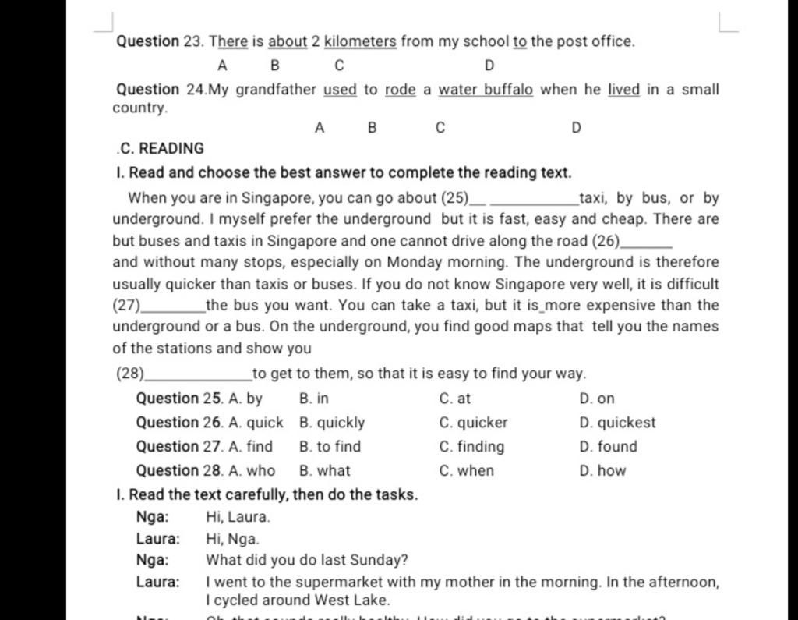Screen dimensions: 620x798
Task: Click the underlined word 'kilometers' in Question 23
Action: pos(360,41)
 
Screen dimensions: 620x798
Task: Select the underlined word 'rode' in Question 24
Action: pos(401,90)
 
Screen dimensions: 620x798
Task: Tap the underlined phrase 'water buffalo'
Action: pos(486,90)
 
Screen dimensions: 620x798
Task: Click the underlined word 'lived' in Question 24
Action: pos(623,90)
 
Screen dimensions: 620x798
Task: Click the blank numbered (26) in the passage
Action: pos(644,243)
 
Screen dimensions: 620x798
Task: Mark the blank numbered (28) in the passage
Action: pos(198,375)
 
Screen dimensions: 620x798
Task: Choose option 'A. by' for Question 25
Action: pos(246,399)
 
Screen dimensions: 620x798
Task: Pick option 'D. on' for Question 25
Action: pos(597,399)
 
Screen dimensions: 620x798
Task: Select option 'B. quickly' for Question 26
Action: pos(332,423)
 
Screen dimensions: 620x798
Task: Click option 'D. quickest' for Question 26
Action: pos(618,423)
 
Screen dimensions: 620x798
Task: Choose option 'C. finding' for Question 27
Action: pos(471,447)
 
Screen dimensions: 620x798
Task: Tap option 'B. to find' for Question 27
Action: pos(330,447)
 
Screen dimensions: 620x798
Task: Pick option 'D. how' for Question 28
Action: pos(602,471)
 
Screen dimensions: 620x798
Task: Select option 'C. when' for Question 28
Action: pos(466,471)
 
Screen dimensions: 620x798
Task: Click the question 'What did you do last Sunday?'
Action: pos(307,560)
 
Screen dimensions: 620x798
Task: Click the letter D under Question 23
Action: pos(489,66)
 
